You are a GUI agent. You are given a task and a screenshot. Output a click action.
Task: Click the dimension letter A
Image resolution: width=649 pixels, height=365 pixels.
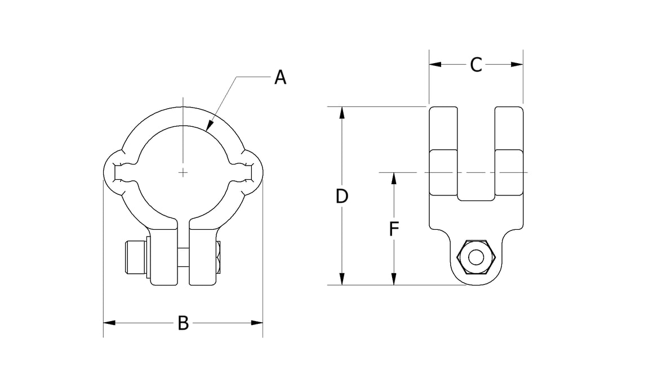coord(280,77)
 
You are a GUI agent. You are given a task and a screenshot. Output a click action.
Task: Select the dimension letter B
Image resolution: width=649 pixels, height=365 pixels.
coord(183,323)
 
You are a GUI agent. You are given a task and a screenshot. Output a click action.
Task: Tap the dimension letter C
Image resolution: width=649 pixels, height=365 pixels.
coord(476,65)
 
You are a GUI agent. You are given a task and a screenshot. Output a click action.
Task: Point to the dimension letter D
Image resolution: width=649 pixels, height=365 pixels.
coord(342,196)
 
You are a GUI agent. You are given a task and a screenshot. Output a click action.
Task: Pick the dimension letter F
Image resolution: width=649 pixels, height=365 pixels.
coord(394,229)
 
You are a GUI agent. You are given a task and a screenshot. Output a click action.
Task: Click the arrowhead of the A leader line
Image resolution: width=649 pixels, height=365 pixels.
coord(210,124)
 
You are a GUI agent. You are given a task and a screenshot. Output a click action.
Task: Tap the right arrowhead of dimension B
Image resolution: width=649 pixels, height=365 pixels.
coord(257,323)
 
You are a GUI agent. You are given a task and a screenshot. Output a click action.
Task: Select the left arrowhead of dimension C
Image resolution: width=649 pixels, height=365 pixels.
coord(435,65)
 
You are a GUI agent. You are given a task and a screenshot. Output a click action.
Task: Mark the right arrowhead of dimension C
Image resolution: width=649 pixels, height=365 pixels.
coord(517,65)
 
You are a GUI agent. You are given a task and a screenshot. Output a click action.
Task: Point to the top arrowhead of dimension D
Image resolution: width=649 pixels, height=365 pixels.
coord(342,113)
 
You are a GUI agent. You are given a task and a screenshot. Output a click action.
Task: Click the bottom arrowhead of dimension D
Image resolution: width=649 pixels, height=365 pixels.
coord(342,279)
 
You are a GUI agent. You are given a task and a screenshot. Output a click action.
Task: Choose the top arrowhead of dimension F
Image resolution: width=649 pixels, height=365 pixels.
coord(394,179)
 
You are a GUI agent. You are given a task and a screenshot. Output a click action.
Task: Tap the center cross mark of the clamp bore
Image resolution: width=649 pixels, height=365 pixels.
coord(183,172)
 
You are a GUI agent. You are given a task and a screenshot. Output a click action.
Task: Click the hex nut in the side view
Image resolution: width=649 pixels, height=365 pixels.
coord(476,257)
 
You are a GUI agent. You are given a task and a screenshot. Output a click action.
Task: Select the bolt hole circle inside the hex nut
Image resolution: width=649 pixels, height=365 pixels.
coord(476,257)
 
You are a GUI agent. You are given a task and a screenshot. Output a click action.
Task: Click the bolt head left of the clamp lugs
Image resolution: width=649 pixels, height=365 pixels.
coord(136,257)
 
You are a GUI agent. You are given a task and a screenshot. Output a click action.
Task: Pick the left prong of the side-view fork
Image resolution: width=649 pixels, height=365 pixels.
coord(443,151)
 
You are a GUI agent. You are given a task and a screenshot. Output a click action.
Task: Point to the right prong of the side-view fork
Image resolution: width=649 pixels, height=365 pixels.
coord(509,151)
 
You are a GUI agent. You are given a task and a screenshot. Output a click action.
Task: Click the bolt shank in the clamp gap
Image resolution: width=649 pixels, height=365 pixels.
coord(183,257)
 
